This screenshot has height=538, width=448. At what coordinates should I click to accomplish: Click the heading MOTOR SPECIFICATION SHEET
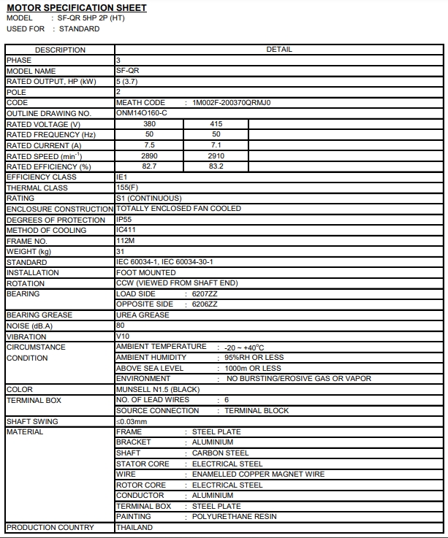76,7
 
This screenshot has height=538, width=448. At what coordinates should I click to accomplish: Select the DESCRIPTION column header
60,50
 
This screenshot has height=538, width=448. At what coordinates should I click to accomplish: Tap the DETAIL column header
279,50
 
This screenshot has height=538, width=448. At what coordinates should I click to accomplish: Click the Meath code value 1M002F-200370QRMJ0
231,103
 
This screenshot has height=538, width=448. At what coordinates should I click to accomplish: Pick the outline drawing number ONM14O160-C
142,113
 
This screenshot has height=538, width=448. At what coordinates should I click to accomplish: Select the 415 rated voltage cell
216,124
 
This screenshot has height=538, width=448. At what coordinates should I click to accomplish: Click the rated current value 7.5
149,145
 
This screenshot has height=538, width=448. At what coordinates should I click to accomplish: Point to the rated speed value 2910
216,156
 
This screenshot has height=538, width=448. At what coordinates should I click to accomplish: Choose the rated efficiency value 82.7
149,166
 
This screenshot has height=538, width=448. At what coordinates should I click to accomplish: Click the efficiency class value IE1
122,177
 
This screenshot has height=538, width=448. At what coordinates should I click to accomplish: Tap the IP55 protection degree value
124,220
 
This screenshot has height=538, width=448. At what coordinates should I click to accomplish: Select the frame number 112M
125,241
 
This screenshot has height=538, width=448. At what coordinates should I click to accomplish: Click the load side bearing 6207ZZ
205,293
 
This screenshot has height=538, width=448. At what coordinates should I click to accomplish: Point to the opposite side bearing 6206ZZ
205,304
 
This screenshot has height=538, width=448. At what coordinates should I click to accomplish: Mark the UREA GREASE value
143,315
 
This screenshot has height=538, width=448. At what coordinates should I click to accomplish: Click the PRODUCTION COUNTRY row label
50,527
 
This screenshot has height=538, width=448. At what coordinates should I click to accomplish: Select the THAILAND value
134,527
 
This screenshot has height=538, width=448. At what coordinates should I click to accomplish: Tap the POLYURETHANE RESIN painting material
235,517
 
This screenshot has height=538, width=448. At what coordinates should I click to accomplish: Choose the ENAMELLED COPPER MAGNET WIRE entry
258,474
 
